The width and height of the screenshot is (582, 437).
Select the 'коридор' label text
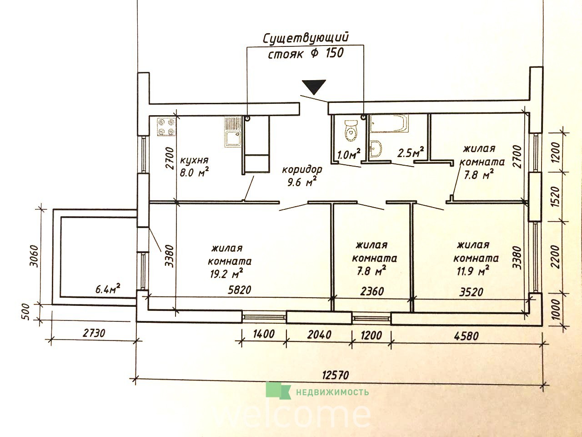(302, 170)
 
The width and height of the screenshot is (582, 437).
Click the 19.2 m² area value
(227, 274)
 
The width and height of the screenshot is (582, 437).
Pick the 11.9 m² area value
(472, 271)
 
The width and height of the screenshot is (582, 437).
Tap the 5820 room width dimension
(240, 290)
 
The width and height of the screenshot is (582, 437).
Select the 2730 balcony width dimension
(94, 333)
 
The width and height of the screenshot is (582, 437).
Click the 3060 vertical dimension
(34, 256)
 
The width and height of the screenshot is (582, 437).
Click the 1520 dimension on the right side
(555, 197)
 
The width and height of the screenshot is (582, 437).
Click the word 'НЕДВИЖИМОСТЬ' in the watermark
(332, 392)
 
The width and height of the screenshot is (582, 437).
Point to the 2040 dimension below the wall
(319, 335)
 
